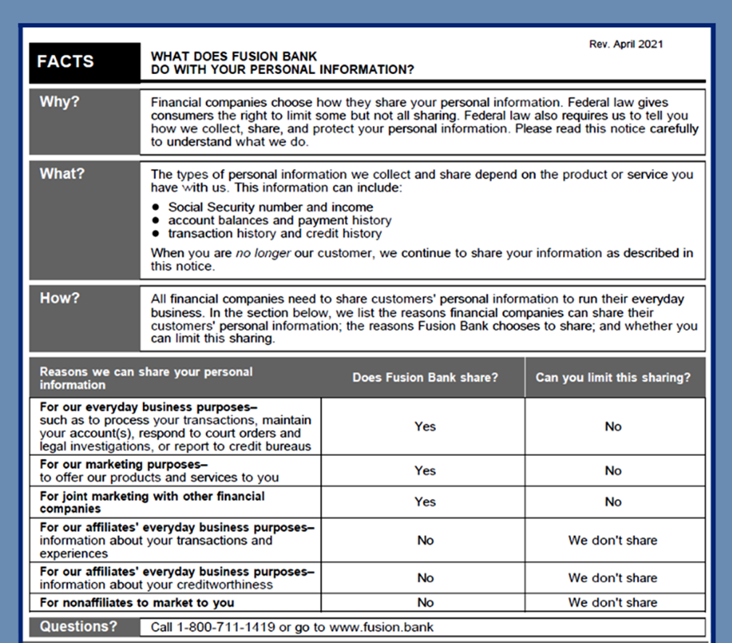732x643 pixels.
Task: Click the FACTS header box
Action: [x=84, y=62]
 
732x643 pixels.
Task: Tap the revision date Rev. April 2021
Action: [x=626, y=44]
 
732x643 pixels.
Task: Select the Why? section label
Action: [x=59, y=101]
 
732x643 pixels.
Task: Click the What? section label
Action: [x=62, y=174]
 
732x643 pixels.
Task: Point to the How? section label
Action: [x=59, y=298]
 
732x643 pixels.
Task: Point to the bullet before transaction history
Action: [x=156, y=234]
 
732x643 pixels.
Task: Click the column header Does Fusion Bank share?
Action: [x=425, y=378]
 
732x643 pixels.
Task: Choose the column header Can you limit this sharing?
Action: [x=613, y=378]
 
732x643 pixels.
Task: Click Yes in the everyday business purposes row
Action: [x=425, y=426]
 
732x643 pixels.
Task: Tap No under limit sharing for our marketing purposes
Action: [x=613, y=470]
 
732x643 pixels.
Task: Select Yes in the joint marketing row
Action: [x=425, y=502]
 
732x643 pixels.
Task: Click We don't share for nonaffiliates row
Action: [x=613, y=602]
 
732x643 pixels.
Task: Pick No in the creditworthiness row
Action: [x=425, y=578]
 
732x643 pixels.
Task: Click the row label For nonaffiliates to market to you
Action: [x=137, y=602]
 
